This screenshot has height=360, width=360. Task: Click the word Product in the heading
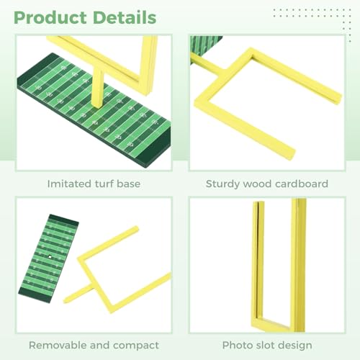[x=50, y=18]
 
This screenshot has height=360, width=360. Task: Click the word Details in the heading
[x=125, y=17]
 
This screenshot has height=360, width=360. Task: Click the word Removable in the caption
[x=58, y=346]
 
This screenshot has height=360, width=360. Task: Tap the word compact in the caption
[x=136, y=346]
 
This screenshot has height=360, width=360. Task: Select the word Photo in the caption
[x=236, y=346]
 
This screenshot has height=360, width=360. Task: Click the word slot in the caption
[x=263, y=346]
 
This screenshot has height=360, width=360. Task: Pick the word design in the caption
[x=294, y=346]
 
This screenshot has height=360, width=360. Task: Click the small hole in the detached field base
[x=50, y=256]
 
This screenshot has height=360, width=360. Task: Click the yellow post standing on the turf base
[x=98, y=88]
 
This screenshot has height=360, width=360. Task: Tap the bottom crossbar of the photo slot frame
[x=279, y=325]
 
